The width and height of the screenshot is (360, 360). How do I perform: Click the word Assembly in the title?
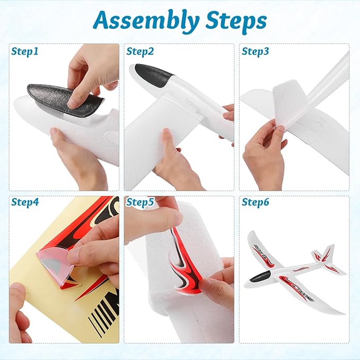pos(146,22)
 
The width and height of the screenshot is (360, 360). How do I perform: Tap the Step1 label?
pos(25,51)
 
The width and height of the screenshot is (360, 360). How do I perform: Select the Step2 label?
pos(140,51)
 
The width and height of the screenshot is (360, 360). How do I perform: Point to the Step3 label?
pos(255,51)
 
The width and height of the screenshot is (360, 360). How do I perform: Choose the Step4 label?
pos(25,203)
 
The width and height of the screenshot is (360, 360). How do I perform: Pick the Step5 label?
pos(140,203)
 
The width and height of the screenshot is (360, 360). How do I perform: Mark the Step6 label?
pos(255,203)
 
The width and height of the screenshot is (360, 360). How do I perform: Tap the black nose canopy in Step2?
pos(153,74)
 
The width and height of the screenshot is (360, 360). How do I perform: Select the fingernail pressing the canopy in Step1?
pos(74,103)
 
